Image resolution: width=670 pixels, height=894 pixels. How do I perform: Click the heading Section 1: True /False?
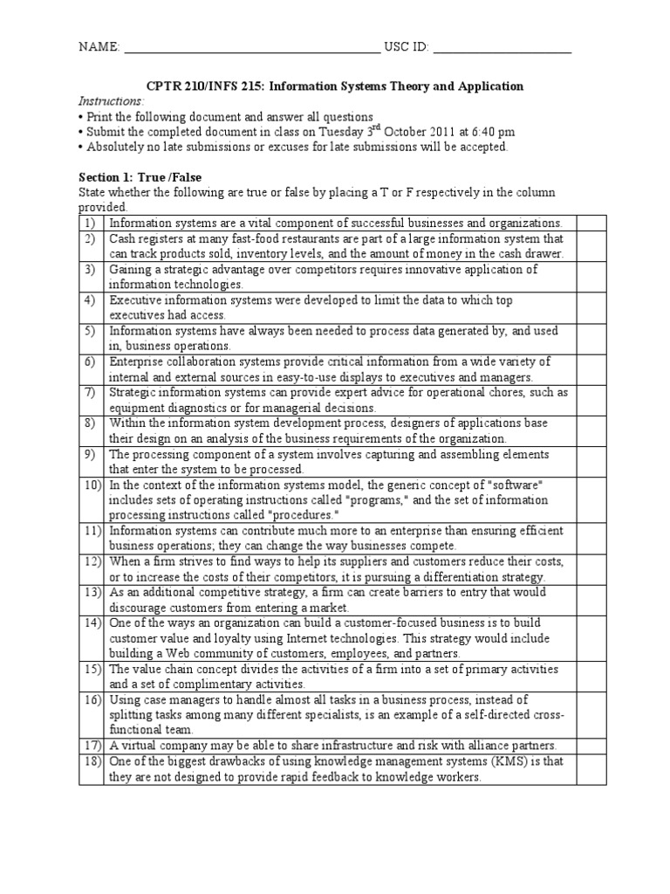(x=140, y=177)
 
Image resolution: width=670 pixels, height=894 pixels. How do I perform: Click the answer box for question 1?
(x=591, y=223)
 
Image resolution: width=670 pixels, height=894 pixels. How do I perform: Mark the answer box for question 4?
(x=591, y=307)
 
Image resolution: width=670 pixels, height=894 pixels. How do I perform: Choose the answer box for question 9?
(x=591, y=462)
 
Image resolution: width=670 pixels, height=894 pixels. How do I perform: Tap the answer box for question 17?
(x=591, y=745)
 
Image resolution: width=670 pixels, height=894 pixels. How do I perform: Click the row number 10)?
(x=91, y=484)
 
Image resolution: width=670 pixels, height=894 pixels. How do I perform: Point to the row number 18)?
(x=91, y=762)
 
